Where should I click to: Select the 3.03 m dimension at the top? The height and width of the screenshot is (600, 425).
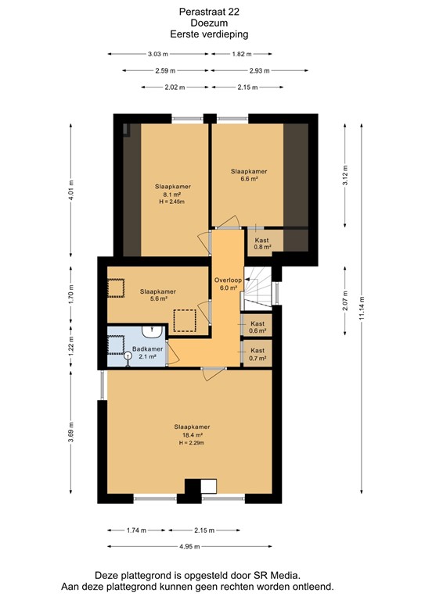pos(158,54)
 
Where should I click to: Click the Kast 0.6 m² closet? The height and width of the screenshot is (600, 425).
pos(258,327)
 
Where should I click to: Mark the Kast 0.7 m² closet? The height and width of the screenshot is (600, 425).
pos(258,355)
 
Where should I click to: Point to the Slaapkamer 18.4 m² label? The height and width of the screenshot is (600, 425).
pos(191,430)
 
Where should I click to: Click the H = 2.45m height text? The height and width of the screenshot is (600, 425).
pos(172,202)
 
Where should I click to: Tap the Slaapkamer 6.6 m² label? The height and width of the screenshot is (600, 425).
pos(249,174)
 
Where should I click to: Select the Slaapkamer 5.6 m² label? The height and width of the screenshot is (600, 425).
pos(157,295)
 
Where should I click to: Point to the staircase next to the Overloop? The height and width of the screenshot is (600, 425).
pos(259,290)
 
